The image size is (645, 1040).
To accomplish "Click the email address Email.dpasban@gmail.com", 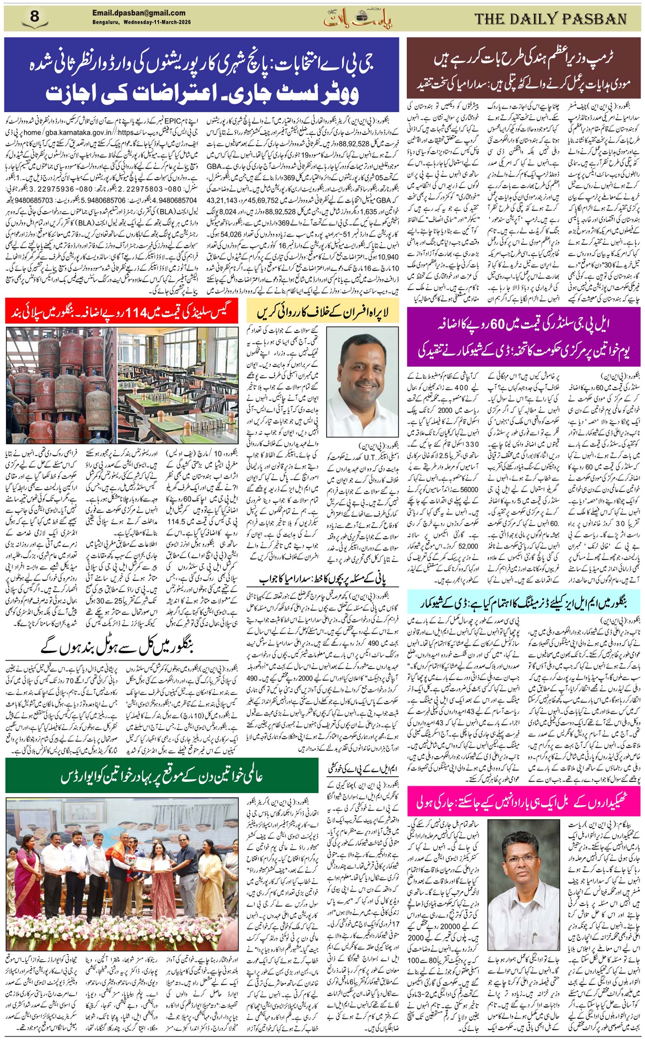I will pos(139,13).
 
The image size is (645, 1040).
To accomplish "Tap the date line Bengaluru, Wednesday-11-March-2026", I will pos(141,22).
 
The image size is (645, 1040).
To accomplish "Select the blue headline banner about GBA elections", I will pos(201,74).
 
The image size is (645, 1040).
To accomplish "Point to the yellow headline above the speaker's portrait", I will pos(322,312).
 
